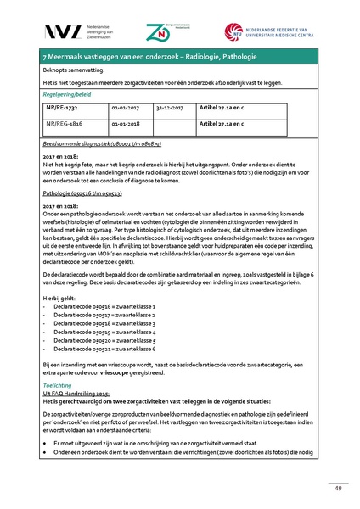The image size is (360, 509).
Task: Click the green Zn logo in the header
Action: pos(180,31)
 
